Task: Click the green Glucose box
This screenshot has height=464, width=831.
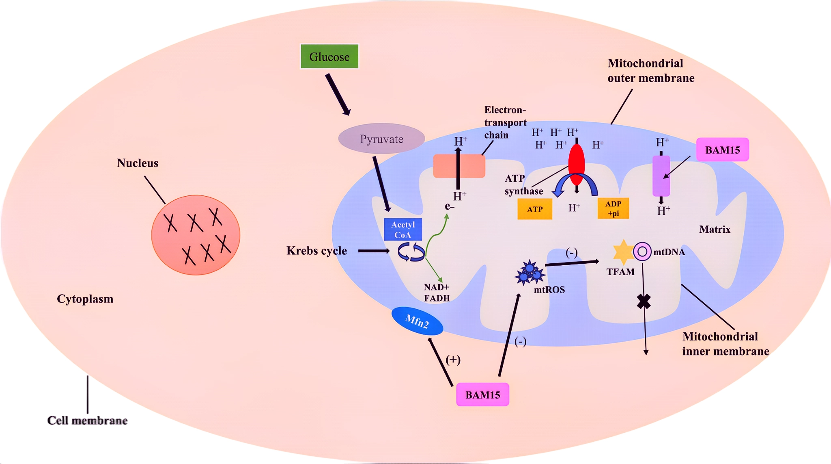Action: coord(329,56)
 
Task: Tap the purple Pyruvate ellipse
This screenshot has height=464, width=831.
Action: coord(381,139)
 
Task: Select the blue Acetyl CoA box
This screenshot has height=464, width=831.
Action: coord(403,230)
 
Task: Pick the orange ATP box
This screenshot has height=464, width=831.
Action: coord(534,209)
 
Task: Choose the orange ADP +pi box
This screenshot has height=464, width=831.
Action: coord(613,208)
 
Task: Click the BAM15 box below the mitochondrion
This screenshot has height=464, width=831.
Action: coord(482,395)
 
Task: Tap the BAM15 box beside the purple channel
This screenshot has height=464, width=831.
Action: coord(722,150)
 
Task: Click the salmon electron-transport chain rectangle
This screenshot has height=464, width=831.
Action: coord(459,166)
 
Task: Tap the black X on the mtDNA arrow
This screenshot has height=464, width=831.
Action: coord(644,301)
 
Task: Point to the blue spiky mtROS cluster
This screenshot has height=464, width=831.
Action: coord(530,273)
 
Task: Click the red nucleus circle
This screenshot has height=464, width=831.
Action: coord(196,235)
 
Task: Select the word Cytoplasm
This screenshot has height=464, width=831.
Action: coord(85,299)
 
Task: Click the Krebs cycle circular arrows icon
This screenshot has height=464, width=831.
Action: coord(411,252)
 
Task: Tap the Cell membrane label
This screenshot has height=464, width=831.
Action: coord(87,421)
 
